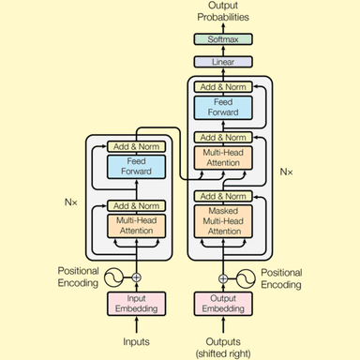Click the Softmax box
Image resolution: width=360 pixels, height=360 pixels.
point(222,39)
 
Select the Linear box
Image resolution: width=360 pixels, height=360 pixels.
point(222,61)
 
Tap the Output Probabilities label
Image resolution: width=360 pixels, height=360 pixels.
point(222,12)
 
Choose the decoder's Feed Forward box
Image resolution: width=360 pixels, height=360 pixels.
point(222,107)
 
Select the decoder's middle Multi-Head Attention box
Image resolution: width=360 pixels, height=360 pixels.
point(222,157)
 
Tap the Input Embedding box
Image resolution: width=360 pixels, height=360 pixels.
point(136,304)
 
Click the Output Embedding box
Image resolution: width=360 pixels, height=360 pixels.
point(222,304)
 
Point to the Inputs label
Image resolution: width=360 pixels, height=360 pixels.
point(136,342)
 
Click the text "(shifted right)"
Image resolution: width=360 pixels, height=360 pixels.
point(223,352)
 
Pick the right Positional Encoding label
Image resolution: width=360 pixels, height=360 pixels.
point(281,277)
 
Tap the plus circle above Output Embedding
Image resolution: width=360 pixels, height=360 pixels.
point(222,277)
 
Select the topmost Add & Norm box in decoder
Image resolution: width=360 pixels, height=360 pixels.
point(222,86)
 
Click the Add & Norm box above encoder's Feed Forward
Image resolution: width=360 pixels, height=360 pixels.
point(136,147)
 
